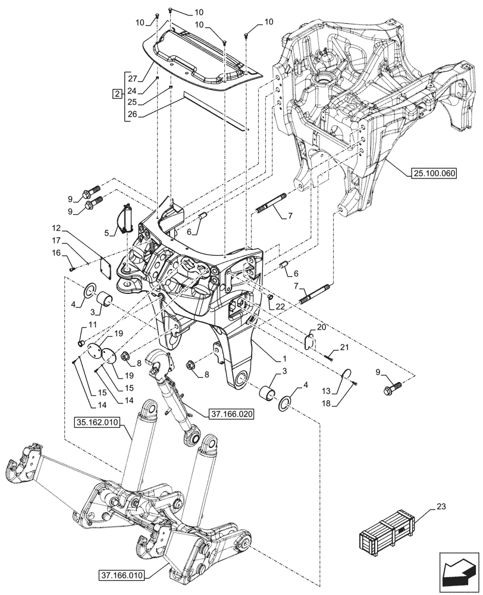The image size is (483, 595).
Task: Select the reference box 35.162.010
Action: (x=98, y=422)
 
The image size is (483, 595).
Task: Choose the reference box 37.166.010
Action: (x=126, y=574)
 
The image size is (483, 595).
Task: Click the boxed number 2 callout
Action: (x=117, y=93)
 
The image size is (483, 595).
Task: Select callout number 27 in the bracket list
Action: (x=132, y=79)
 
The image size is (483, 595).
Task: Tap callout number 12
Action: (x=55, y=228)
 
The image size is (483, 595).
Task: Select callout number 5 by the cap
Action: (x=109, y=233)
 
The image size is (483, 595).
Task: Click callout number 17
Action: (x=55, y=241)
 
